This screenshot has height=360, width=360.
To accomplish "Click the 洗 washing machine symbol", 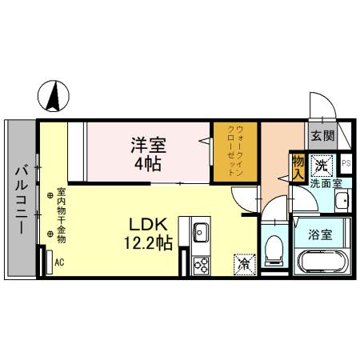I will [322, 166].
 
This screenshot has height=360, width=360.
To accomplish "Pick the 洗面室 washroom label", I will [326, 183].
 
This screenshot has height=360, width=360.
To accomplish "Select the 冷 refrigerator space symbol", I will [243, 262].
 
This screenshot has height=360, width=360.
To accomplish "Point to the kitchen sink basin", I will [200, 233].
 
